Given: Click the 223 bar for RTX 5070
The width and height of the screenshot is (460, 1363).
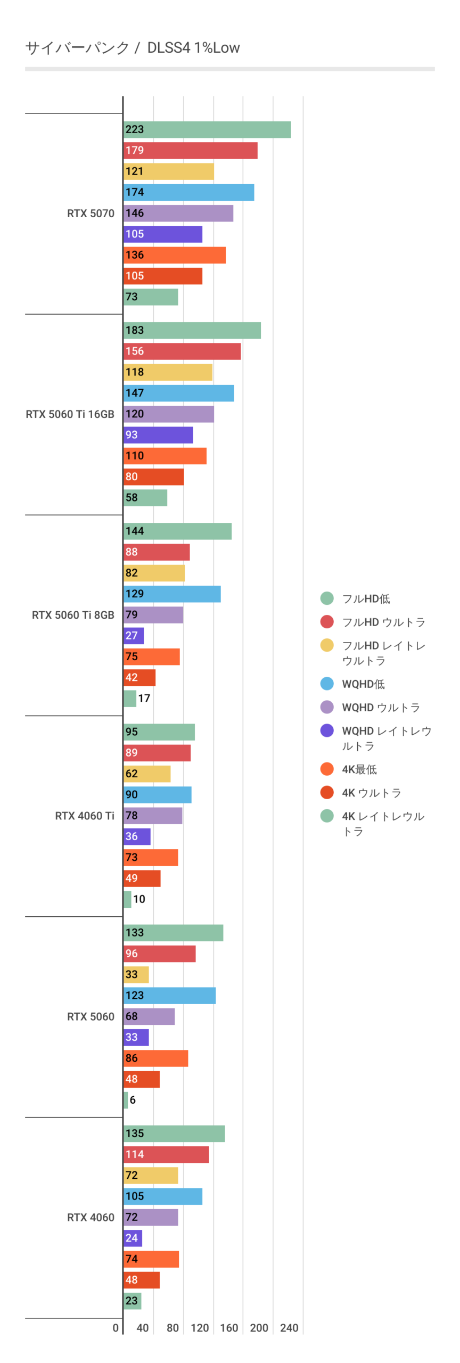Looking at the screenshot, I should tap(207, 129).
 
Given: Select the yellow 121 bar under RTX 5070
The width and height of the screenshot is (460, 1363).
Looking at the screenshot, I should tap(168, 171).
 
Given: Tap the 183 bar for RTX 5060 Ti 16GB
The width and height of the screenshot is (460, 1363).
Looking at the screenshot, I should tap(192, 330).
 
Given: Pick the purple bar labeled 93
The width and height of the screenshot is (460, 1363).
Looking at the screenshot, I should tap(158, 435).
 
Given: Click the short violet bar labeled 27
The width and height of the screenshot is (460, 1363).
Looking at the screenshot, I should tap(134, 636).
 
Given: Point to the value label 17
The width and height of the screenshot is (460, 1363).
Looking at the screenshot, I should tap(144, 698).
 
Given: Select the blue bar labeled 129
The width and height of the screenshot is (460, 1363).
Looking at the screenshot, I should tap(172, 594).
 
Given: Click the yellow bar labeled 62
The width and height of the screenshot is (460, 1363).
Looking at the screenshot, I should tap(147, 774).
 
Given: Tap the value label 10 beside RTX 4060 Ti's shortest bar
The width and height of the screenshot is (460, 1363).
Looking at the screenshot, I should tap(139, 899).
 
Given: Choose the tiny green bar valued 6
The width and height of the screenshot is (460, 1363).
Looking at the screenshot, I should tap(126, 1099).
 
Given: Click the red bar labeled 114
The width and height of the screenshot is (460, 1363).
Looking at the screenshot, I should tap(166, 1154).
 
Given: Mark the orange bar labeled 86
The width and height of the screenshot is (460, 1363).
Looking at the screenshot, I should tap(155, 1058).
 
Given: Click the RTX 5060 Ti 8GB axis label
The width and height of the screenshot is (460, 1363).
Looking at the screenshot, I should tap(73, 615).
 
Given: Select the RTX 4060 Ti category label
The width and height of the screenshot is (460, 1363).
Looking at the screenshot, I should tap(85, 816).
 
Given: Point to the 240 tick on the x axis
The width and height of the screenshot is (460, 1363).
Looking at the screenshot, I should tap(289, 1327).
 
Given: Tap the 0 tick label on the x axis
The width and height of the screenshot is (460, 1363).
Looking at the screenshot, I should tap(116, 1327).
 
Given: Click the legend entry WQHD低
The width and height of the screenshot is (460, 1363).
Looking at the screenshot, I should tap(363, 684).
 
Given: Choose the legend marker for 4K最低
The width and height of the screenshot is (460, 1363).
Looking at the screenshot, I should tap(327, 769).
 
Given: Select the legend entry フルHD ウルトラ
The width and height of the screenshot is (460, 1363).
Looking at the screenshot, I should tap(383, 622).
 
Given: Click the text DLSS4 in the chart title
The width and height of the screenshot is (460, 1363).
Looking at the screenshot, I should tap(168, 48).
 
